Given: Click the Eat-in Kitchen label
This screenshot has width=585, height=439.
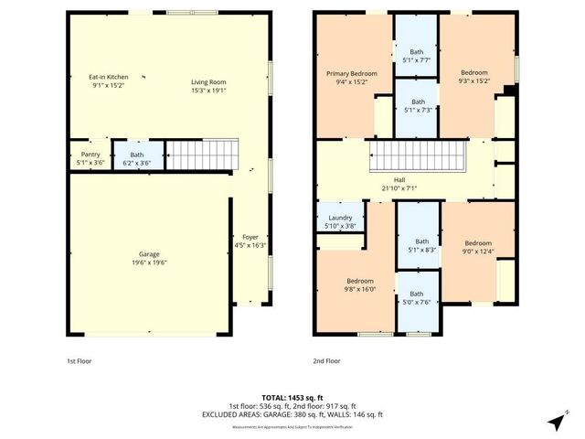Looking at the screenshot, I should [109, 76].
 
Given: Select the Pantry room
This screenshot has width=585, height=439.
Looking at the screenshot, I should [90, 155].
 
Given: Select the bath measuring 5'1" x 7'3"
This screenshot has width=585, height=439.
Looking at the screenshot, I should [417, 106].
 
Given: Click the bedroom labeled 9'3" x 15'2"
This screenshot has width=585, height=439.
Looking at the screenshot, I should [473, 76].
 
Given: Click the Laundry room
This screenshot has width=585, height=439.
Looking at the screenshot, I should [340, 221].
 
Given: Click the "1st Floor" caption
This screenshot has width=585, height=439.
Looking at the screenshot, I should [80, 361].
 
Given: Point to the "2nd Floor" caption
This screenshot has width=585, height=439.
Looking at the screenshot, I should [326, 361].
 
